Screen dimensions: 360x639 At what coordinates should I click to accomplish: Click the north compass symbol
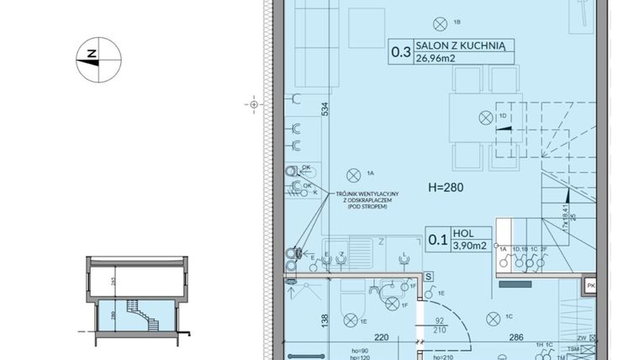coord(98,58)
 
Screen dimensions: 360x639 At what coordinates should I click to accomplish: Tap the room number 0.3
coord(400,52)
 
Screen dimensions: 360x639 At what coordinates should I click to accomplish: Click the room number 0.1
coord(438,239)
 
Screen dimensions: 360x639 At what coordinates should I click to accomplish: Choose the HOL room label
coord(462,233)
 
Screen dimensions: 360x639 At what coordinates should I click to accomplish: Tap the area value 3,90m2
coord(468,246)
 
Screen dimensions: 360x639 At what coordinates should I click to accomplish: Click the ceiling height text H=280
coord(446,187)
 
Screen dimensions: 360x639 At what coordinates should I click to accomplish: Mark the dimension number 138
coord(324,319)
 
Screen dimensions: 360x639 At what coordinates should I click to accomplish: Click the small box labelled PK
coord(591,287)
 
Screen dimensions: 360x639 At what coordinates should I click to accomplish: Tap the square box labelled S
coord(428,276)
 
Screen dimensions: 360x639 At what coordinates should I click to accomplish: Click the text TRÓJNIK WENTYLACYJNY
coord(367,194)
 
